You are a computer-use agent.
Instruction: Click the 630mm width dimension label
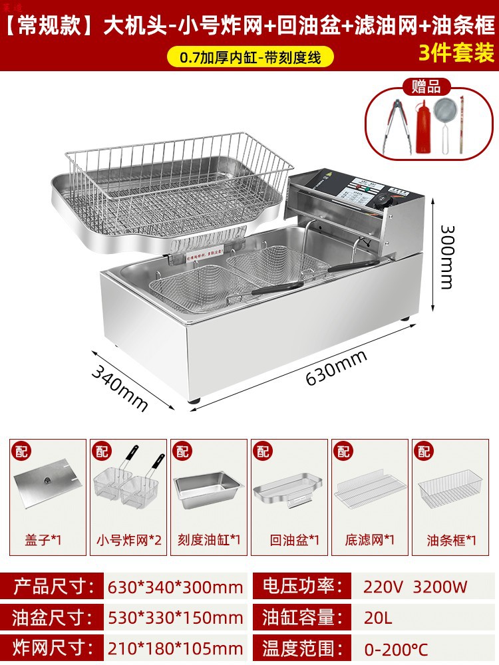pyautogui.click(x=336, y=368)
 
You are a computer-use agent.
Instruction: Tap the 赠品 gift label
pyautogui.click(x=426, y=86)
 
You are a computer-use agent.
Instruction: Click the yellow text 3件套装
pyautogui.click(x=456, y=53)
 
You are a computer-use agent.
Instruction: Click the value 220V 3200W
pyautogui.click(x=415, y=587)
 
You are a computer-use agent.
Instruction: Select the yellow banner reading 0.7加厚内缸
pyautogui.click(x=249, y=57)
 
